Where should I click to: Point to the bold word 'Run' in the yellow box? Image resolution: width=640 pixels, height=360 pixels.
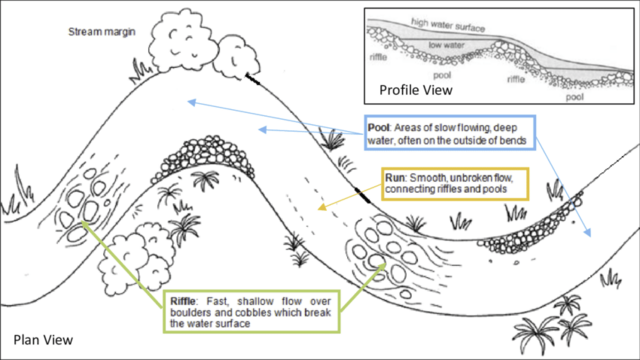tap(397, 177)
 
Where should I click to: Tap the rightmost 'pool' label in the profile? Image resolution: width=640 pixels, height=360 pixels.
tap(575, 97)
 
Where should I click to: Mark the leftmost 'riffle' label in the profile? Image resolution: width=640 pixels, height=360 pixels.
tap(380, 58)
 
